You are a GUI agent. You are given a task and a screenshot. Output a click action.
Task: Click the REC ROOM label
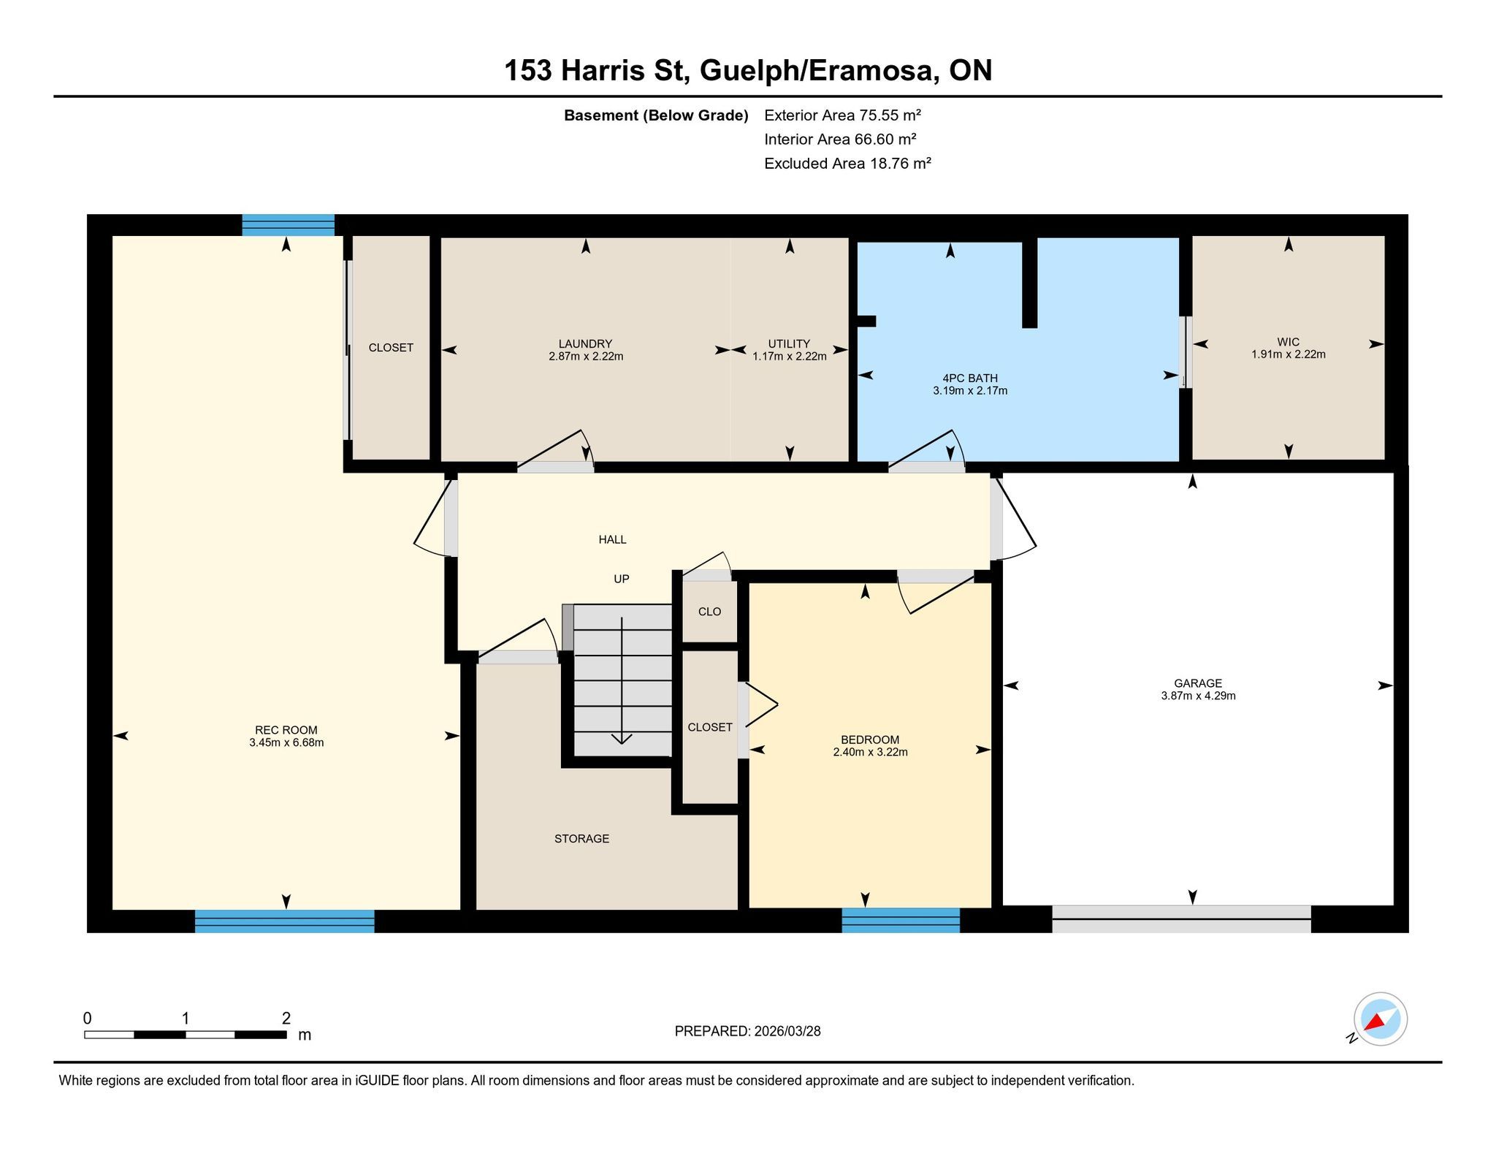click(x=286, y=730)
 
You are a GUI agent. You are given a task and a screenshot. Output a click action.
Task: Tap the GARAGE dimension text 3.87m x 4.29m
click(x=1198, y=696)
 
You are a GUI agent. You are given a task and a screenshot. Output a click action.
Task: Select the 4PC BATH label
click(x=970, y=379)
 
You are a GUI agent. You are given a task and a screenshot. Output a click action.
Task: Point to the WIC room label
click(x=1289, y=342)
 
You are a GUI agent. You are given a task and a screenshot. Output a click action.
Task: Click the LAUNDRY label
click(x=585, y=344)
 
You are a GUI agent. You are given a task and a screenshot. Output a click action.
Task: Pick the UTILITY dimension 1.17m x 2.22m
click(x=790, y=357)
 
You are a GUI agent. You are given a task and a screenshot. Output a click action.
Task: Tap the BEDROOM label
click(x=870, y=739)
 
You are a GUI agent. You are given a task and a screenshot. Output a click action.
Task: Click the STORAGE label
click(x=581, y=839)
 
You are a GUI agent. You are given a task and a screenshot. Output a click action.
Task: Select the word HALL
click(x=613, y=540)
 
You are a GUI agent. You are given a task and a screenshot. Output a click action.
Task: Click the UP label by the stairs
click(x=622, y=579)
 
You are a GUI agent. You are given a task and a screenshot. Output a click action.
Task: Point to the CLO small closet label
click(x=709, y=612)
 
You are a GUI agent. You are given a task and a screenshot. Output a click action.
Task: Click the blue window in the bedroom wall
click(x=901, y=920)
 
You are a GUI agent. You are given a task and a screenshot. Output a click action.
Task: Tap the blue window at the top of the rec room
click(x=289, y=225)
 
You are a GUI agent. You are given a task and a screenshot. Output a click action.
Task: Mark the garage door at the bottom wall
click(x=1181, y=919)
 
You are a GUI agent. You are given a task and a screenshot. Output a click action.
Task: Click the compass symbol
click(x=1380, y=1019)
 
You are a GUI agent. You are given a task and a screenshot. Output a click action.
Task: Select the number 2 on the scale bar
click(x=286, y=1019)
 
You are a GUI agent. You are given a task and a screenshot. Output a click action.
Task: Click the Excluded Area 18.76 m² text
click(x=847, y=164)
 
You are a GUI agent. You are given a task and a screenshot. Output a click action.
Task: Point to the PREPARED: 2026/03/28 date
click(x=748, y=1031)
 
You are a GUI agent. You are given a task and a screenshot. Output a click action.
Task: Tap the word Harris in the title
click(x=603, y=71)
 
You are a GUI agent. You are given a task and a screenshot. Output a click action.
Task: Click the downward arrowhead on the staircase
click(x=622, y=739)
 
